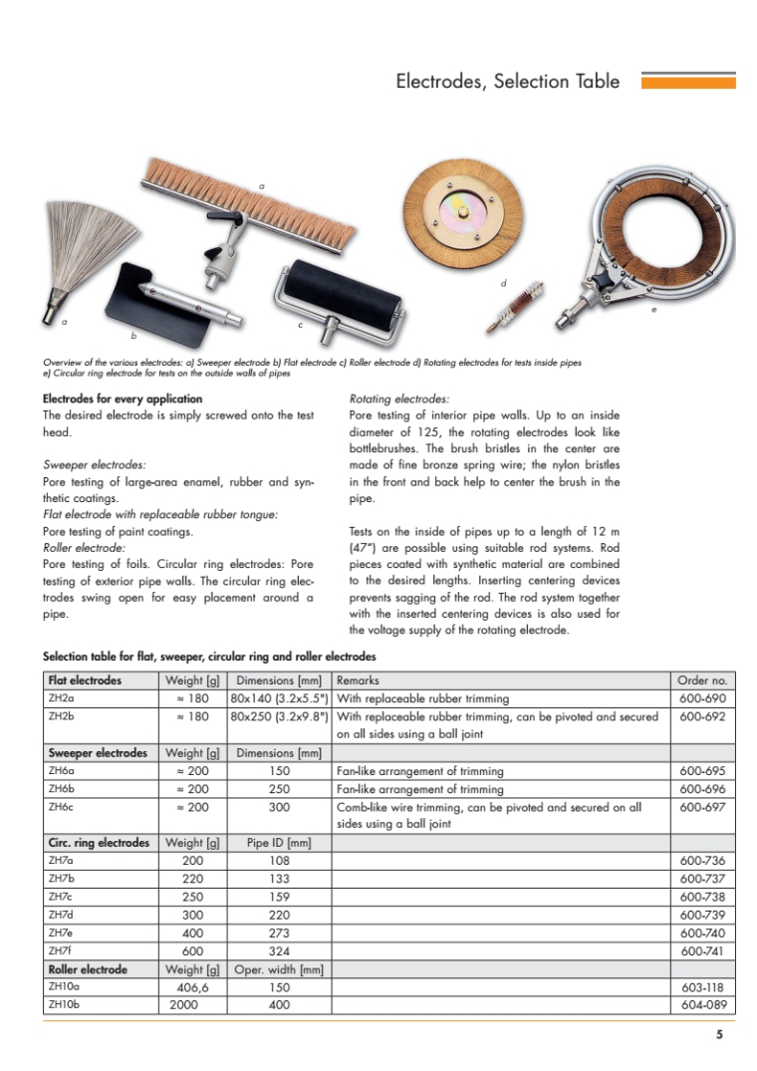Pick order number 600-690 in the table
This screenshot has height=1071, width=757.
coord(702,698)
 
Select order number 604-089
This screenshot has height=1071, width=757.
coord(702,1004)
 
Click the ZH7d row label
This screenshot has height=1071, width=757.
coord(60,916)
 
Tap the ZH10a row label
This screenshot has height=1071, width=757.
coord(63,986)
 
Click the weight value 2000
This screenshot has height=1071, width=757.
coord(192,1004)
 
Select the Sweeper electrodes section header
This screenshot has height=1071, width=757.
coord(98,753)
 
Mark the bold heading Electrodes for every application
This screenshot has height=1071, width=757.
coord(123,399)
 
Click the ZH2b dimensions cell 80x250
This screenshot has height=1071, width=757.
coord(280,716)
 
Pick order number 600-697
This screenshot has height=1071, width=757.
coord(702,807)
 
